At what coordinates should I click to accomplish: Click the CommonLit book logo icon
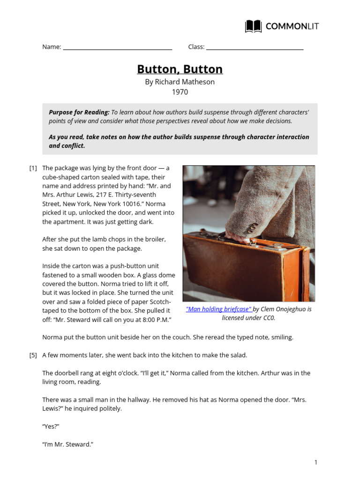coord(253,26)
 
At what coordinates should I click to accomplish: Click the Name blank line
coord(117,48)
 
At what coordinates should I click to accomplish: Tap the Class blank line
coord(255,48)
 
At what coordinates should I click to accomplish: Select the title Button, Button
coord(180,69)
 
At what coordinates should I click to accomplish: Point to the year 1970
coord(180,92)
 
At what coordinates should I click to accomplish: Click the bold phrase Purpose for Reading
coord(79,112)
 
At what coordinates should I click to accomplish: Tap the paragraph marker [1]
coord(33,168)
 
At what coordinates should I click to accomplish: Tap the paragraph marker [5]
coord(33,355)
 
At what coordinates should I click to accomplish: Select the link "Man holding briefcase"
coord(219,309)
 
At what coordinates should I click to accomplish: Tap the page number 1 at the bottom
coord(316,462)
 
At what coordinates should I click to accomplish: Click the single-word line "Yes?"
coord(51,427)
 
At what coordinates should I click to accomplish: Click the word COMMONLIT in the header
coord(292,26)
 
